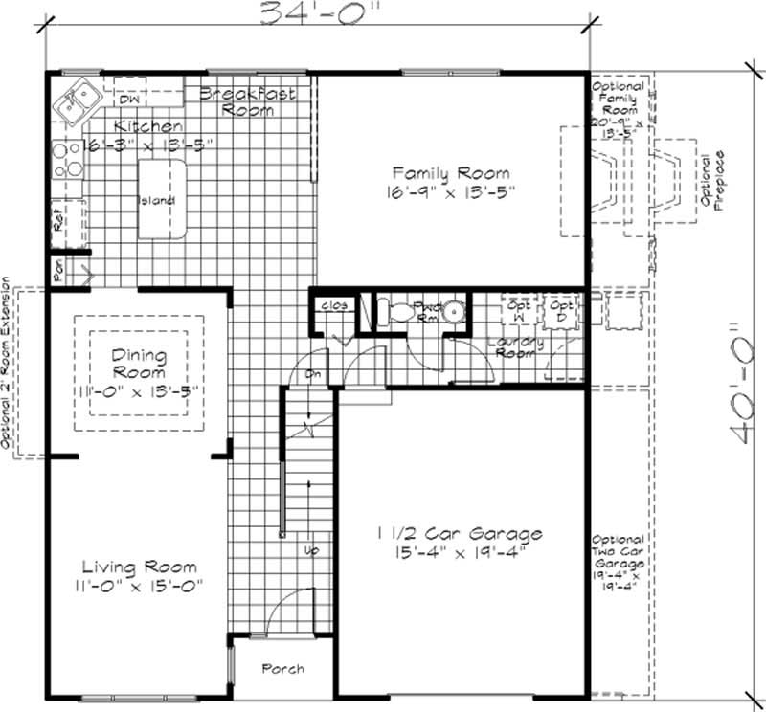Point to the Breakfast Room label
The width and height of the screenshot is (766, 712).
coord(247,101)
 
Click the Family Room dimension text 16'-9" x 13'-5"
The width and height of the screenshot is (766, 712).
coord(451,191)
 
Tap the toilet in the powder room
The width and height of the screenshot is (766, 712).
coord(393,310)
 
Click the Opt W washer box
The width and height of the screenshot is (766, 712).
coord(519,311)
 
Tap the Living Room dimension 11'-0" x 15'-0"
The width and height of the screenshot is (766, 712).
coord(139,585)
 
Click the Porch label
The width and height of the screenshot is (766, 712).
coord(283,668)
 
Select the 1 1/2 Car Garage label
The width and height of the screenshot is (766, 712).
coord(459,534)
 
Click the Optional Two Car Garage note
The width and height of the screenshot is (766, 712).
coord(618,564)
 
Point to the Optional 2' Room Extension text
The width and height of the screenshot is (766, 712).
coord(7,364)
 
